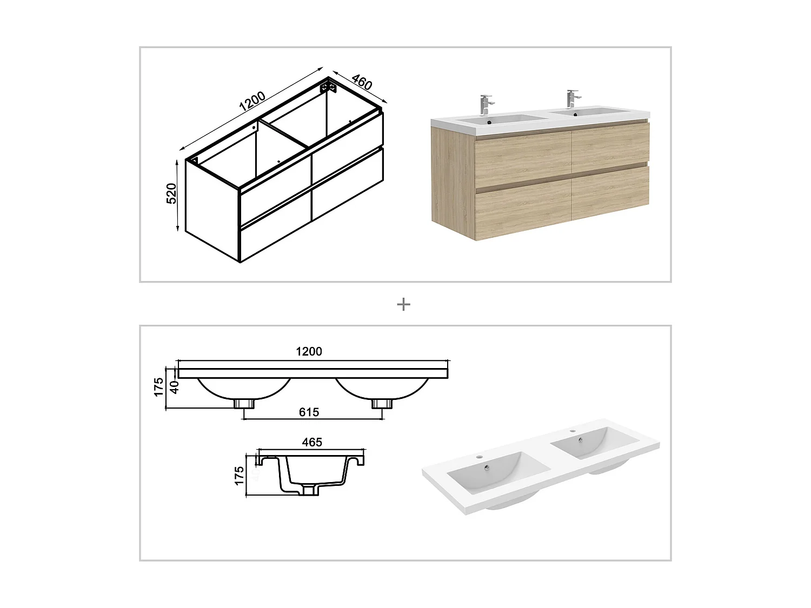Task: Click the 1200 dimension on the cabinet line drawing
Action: pos(252,102)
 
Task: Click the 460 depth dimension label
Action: pos(362,82)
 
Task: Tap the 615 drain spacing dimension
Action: pos(309,412)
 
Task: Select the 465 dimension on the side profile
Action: pos(312,442)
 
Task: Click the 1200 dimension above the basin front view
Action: pos(309,351)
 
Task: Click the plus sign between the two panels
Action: pos(403,304)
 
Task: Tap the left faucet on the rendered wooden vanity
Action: pos(486,103)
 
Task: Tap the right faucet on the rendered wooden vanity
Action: pos(571,98)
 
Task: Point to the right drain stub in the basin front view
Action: pos(381,403)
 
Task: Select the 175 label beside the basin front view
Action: pos(158,387)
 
